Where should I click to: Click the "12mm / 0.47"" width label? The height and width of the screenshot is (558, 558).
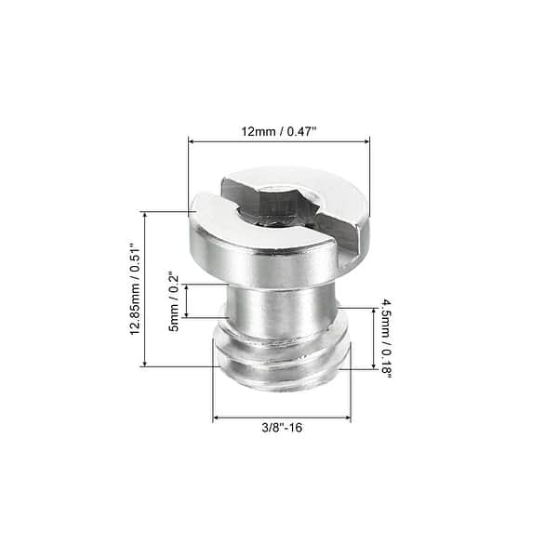[x=279, y=131]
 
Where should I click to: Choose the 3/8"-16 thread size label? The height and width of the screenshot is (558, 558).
[x=281, y=428]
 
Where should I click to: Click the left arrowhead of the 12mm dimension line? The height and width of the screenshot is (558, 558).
[x=192, y=141]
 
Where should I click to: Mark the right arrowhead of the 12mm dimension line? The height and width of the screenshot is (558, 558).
[x=367, y=141]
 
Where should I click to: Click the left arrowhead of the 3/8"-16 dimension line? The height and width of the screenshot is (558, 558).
[x=217, y=418]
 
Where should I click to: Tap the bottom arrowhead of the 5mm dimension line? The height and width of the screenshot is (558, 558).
[x=187, y=314]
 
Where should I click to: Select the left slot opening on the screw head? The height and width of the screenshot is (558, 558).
[x=230, y=201]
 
